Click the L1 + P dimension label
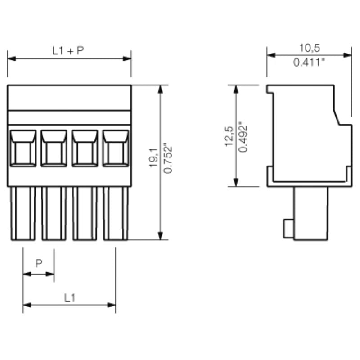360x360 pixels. tap(68, 51)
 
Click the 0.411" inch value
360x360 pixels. tap(309, 63)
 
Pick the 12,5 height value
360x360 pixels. tap(229, 136)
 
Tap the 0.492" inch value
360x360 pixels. tap(243, 136)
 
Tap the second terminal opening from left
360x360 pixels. tap(54, 148)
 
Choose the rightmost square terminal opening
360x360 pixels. tap(115, 148)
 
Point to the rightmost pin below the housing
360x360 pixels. tap(116, 213)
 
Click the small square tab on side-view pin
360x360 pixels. tap(288, 229)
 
